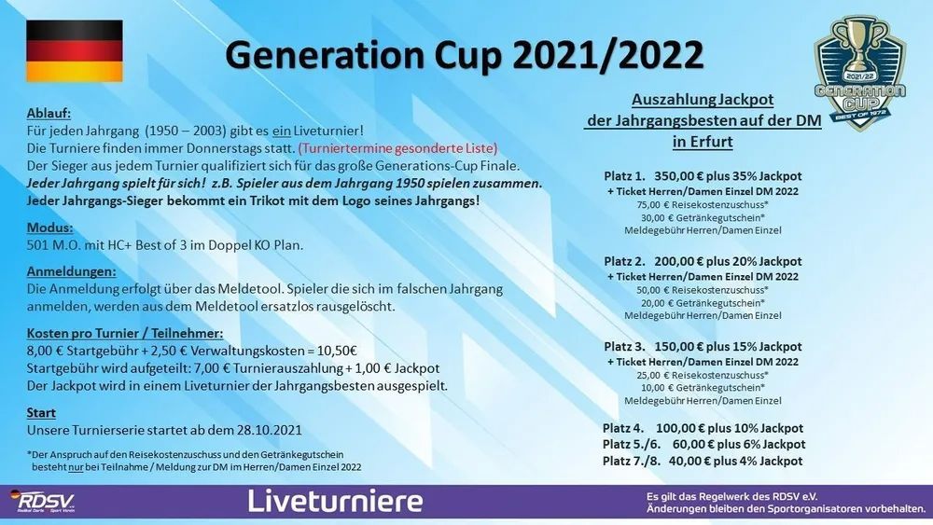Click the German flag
(75, 51)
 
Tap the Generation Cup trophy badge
(860, 72)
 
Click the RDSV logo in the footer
(42, 501)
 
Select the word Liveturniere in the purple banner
(335, 501)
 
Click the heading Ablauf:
(49, 113)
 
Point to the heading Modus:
(50, 228)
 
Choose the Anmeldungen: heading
(72, 271)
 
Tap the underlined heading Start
(41, 412)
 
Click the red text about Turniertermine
(397, 147)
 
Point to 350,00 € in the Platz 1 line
(679, 176)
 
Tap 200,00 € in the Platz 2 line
(679, 262)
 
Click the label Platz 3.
(624, 347)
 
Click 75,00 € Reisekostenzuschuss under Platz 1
(703, 205)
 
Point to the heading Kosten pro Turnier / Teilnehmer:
(125, 334)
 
